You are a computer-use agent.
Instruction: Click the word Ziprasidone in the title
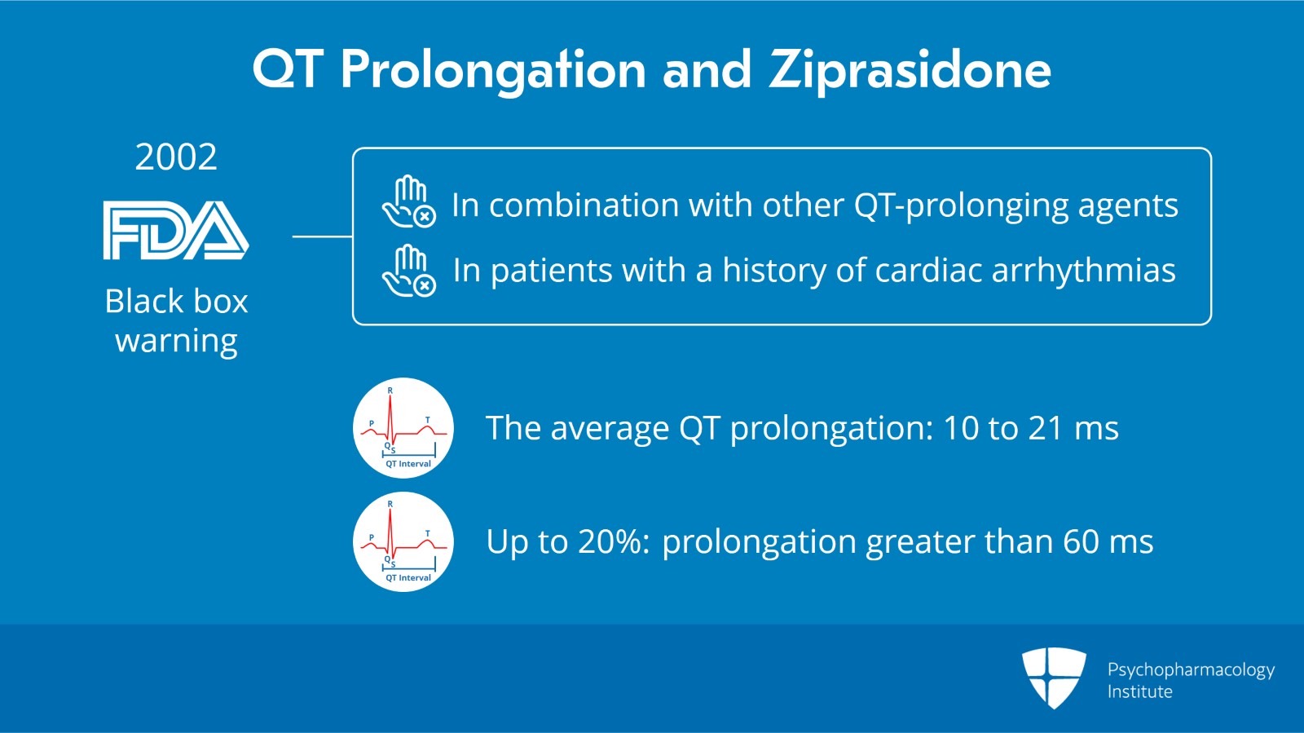coord(910,70)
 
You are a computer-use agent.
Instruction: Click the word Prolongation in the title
coord(493,70)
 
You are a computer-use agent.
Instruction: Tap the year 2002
coord(176,157)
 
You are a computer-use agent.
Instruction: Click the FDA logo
coord(176,230)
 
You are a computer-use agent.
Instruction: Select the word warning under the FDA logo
coord(176,341)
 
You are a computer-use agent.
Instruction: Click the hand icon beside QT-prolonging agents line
coord(408,202)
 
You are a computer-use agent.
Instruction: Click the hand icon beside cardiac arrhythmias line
coord(408,271)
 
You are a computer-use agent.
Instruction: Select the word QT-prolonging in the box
coord(961,205)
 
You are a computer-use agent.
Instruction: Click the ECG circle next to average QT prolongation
coord(403,428)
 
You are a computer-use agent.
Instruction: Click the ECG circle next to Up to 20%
coord(403,541)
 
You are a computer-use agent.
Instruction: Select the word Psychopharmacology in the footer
coord(1191,670)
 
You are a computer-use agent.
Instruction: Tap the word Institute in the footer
coord(1139,691)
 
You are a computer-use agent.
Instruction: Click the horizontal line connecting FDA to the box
coord(322,236)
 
